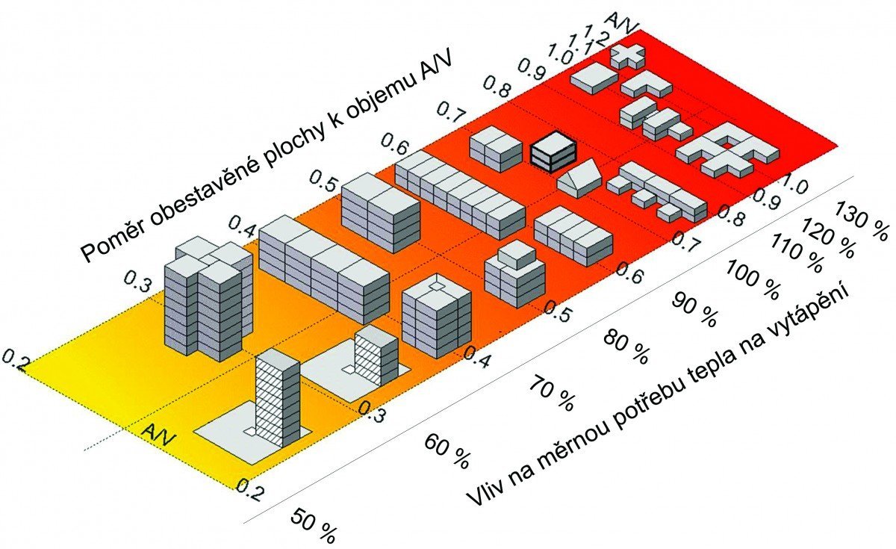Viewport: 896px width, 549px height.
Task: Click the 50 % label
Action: point(313,526)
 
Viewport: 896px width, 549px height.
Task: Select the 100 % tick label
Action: point(753,279)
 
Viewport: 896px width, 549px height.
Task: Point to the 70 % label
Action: point(553,394)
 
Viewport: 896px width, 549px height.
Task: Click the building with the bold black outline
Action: point(553,152)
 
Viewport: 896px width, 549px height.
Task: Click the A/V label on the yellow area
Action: point(158,435)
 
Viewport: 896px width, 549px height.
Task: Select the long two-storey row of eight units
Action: point(460,195)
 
